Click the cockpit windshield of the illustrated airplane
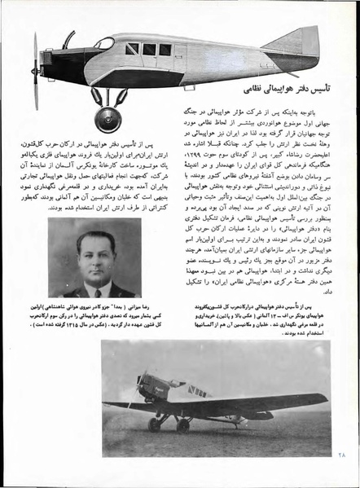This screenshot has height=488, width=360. point(104,43)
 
